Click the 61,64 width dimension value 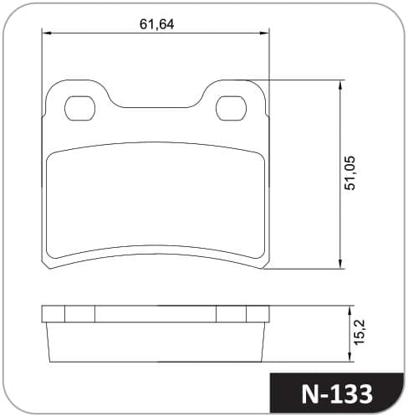pos(156,24)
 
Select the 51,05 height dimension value pos(350,173)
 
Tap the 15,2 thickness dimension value pos(360,332)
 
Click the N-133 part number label pos(337,394)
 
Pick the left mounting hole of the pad pos(79,108)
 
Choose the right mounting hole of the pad pos(232,108)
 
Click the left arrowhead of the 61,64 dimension pos(46,33)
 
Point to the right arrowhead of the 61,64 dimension pos(264,33)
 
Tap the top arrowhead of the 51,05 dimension pos(340,85)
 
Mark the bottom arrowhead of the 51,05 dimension pos(340,264)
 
